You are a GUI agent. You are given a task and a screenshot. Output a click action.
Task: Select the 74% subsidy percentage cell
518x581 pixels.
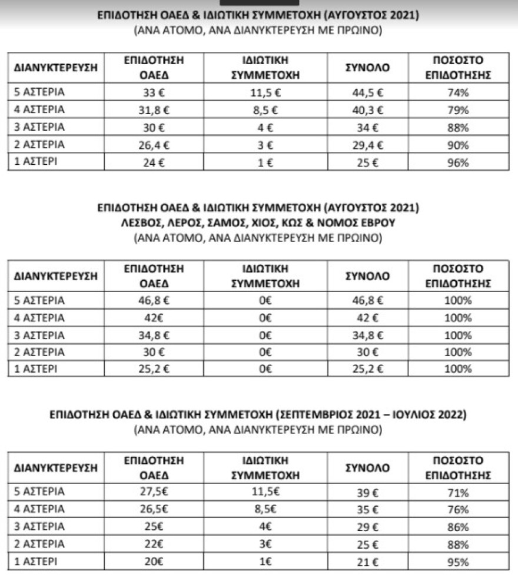click(458, 92)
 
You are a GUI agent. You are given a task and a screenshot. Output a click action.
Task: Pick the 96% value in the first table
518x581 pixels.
click(458, 163)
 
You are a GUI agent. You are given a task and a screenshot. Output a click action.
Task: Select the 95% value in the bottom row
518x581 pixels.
click(458, 562)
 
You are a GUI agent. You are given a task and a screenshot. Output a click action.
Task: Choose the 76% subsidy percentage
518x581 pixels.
click(458, 509)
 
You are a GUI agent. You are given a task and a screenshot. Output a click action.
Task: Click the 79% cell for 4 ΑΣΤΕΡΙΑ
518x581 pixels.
click(458, 109)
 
